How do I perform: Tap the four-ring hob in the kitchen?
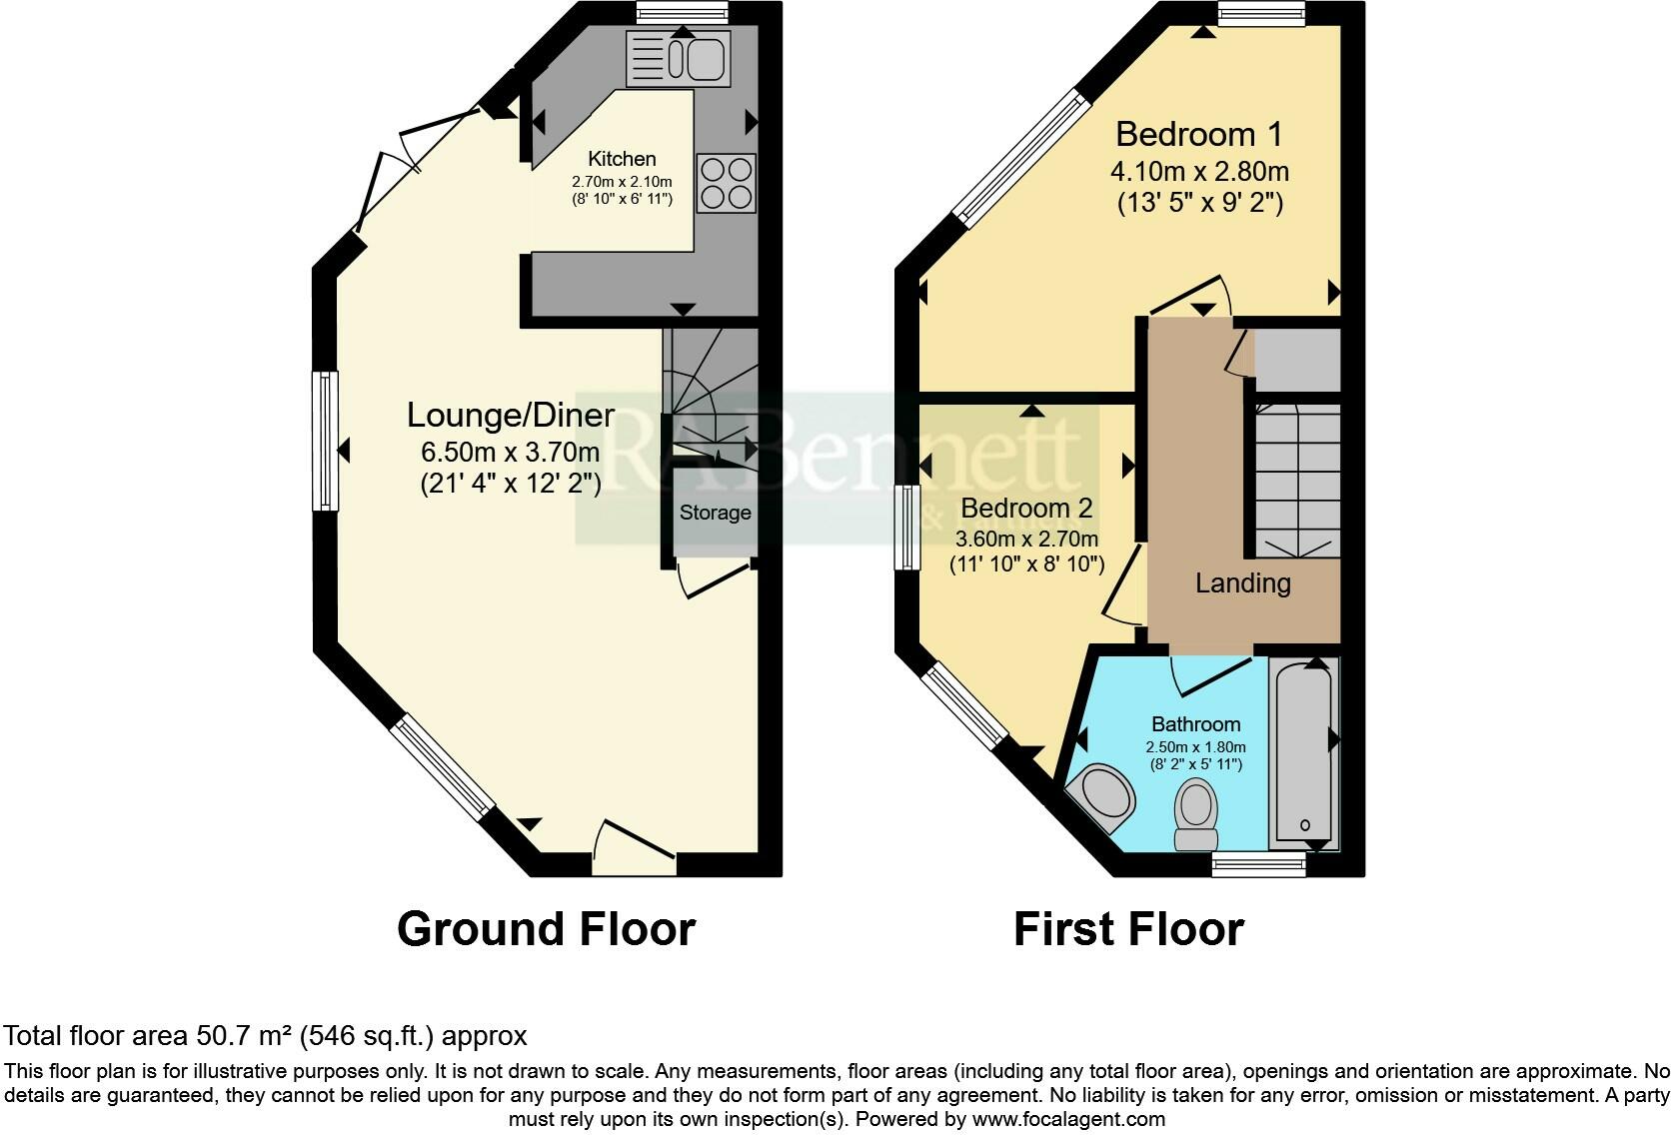pyautogui.click(x=726, y=184)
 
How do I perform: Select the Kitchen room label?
pyautogui.click(x=622, y=159)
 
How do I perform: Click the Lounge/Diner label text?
pyautogui.click(x=511, y=416)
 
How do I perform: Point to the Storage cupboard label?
pyautogui.click(x=715, y=513)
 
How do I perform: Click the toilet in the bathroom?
pyautogui.click(x=1196, y=813)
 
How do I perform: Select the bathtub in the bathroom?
pyautogui.click(x=1305, y=754)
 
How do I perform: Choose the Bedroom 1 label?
pyautogui.click(x=1199, y=134)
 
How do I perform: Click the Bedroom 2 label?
pyautogui.click(x=1026, y=508)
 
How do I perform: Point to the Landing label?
pyautogui.click(x=1243, y=583)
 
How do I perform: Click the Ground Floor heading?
pyautogui.click(x=546, y=929)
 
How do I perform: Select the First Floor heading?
pyautogui.click(x=1128, y=929)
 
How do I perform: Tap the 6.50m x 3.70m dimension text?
pyautogui.click(x=511, y=452)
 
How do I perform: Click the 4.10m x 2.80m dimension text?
pyautogui.click(x=1199, y=172)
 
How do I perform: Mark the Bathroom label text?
pyautogui.click(x=1196, y=724)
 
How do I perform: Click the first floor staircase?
pyautogui.click(x=1298, y=481)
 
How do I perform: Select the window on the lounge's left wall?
pyautogui.click(x=325, y=441)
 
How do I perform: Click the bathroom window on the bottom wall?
pyautogui.click(x=1258, y=865)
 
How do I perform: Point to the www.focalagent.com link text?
pyautogui.click(x=1068, y=1119)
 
